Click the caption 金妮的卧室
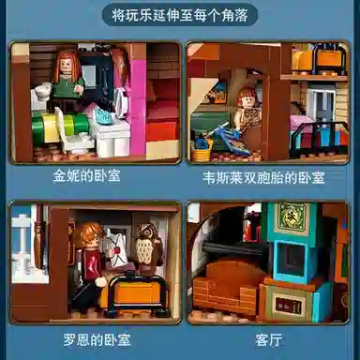pyautogui.click(x=87, y=175)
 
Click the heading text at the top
pyautogui.click(x=180, y=16)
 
